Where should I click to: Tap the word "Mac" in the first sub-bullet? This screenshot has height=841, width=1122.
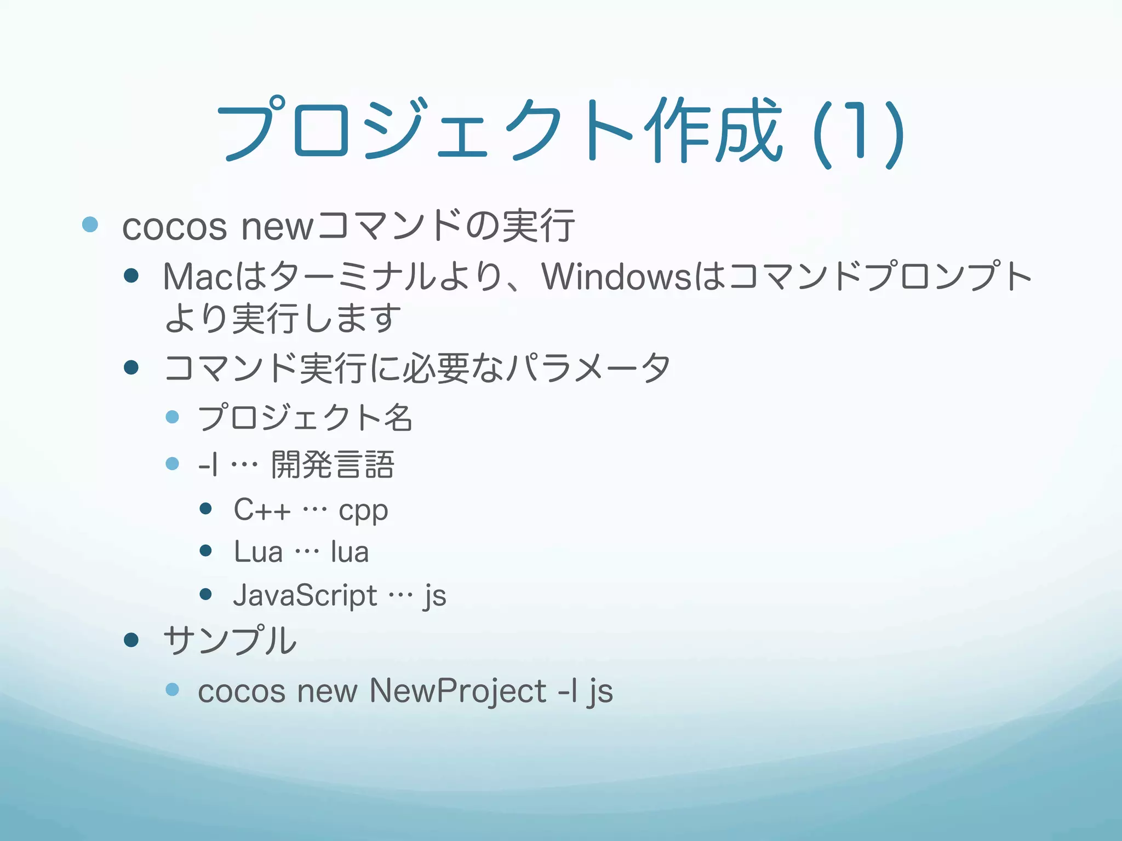(199, 277)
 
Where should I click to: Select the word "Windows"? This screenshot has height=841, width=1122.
(617, 277)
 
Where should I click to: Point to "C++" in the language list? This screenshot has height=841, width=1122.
(262, 510)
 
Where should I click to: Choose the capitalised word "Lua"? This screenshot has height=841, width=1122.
(258, 552)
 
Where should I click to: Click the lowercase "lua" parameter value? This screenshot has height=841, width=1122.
(350, 552)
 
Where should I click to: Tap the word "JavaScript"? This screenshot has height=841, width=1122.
(305, 595)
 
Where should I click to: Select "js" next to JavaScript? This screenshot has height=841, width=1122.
(435, 596)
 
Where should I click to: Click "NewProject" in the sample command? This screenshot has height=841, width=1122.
(458, 691)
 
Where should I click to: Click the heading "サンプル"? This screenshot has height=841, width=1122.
(230, 640)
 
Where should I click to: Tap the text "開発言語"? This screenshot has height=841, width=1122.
(333, 465)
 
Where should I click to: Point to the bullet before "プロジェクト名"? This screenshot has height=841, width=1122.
(173, 417)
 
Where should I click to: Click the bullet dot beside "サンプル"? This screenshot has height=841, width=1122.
(131, 640)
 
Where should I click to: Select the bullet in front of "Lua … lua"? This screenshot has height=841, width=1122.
(206, 551)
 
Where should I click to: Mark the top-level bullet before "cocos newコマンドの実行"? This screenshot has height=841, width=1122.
(90, 224)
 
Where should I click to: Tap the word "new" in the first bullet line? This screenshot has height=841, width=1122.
(277, 227)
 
